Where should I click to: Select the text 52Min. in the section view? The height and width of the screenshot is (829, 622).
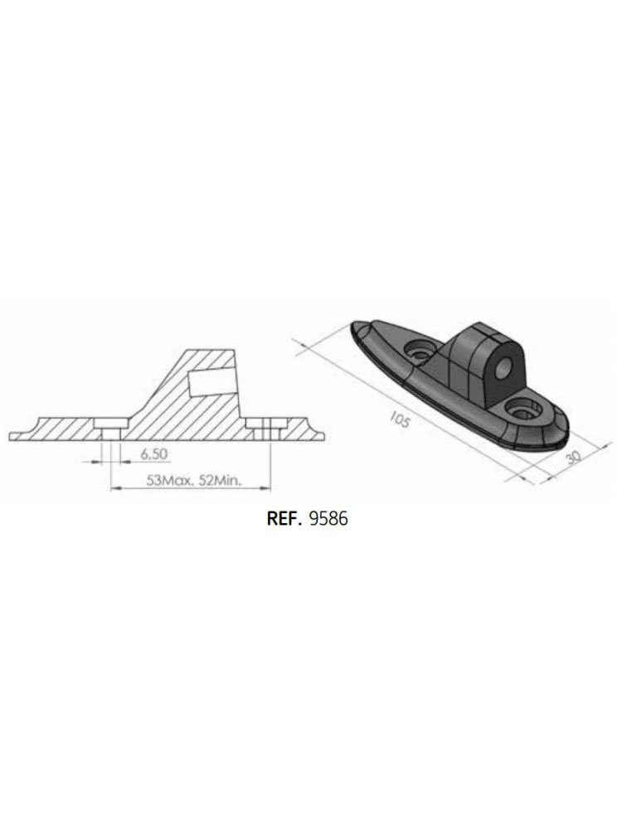point(218,480)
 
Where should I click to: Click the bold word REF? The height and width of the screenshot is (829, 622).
point(284,520)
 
